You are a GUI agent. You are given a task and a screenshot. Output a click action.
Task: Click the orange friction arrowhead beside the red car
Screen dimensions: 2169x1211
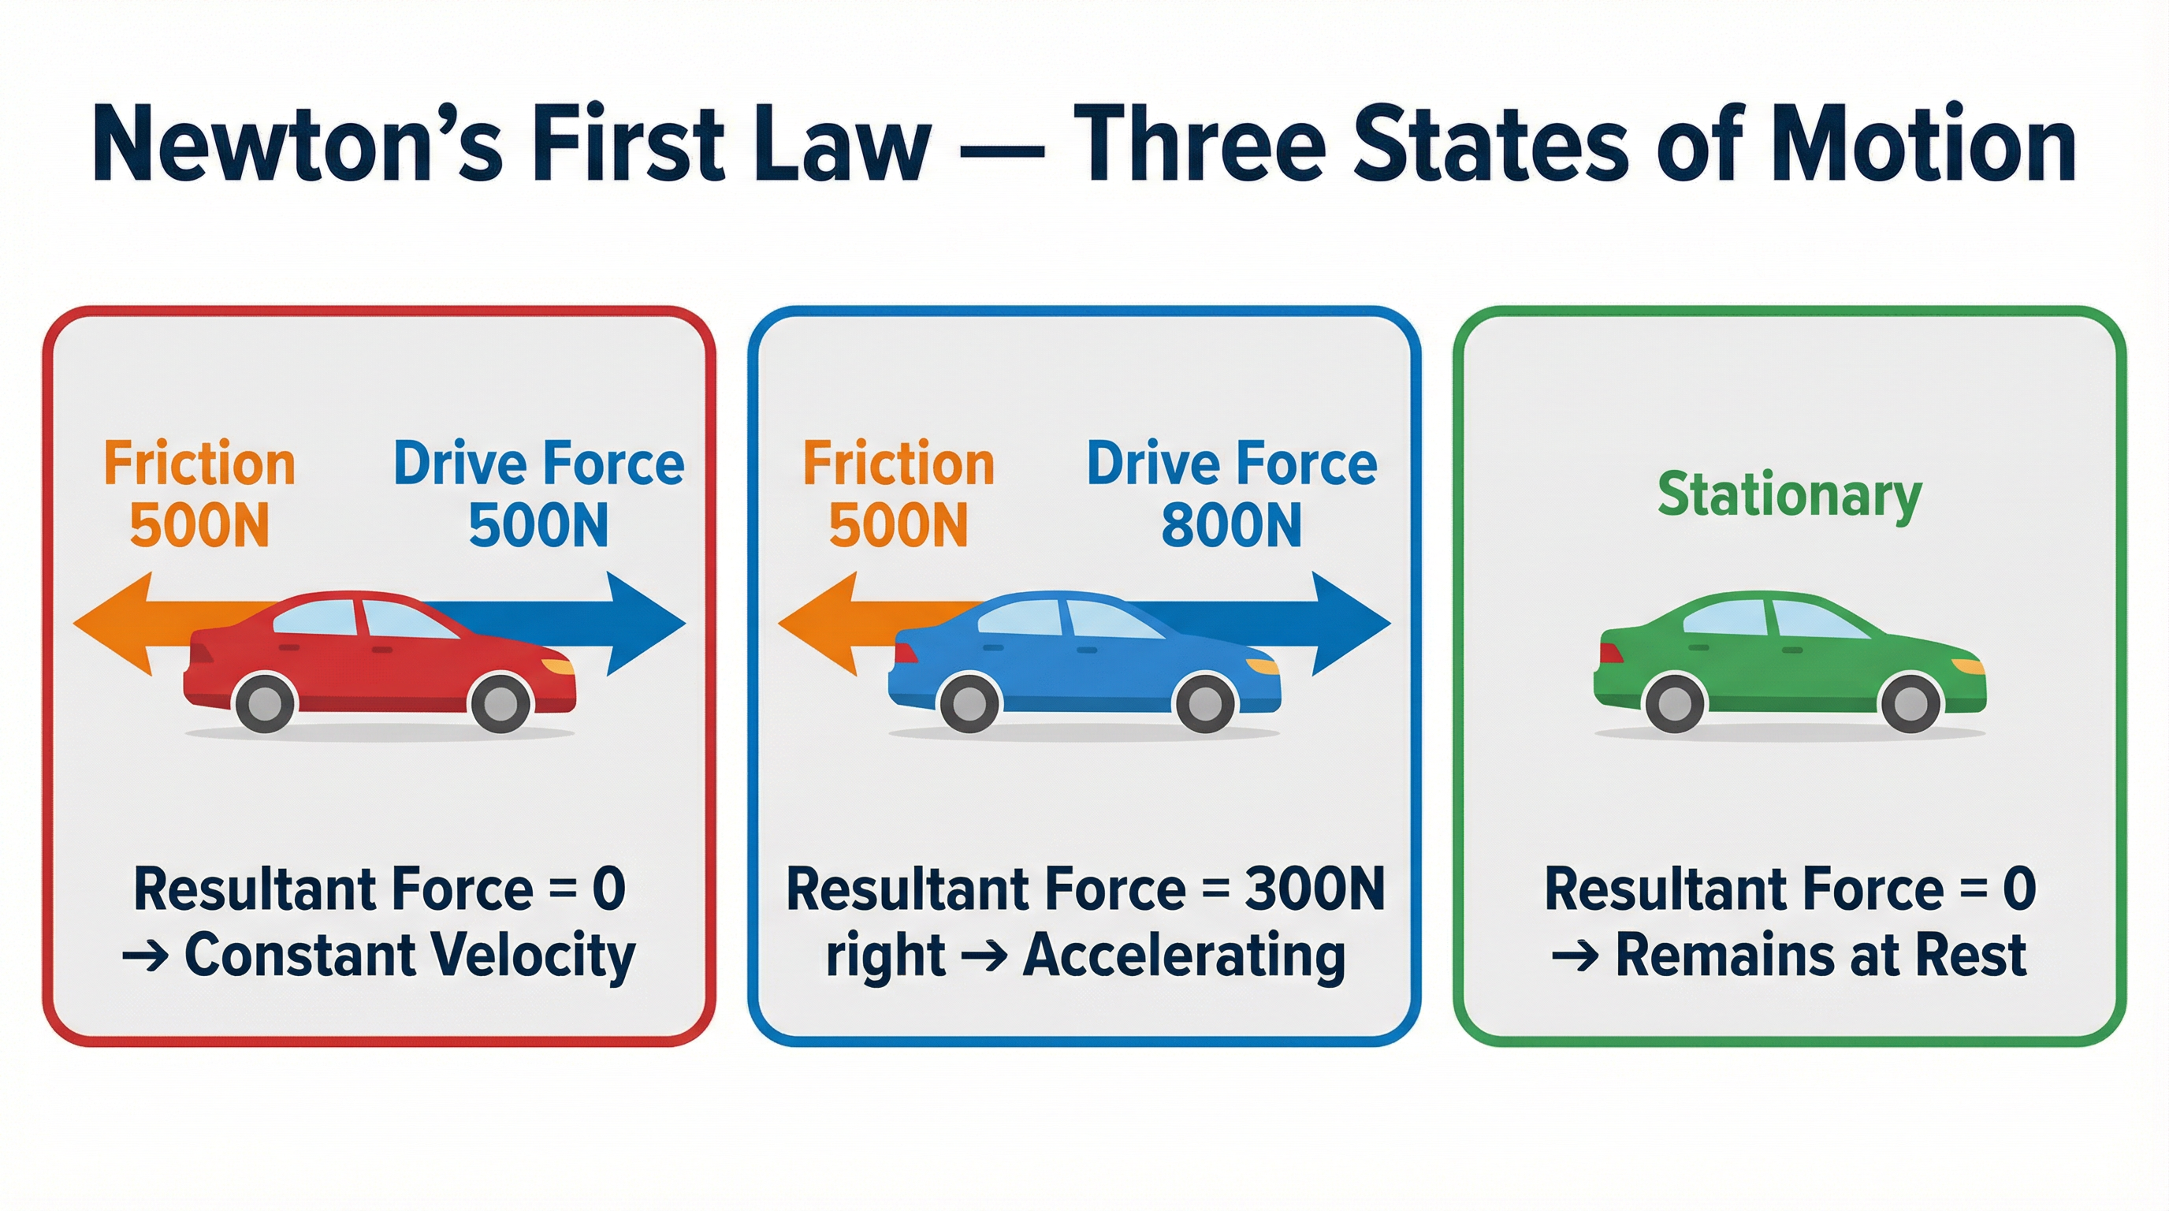pyautogui.click(x=113, y=624)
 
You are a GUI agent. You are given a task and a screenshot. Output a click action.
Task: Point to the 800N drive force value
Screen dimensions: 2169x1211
pyautogui.click(x=1231, y=526)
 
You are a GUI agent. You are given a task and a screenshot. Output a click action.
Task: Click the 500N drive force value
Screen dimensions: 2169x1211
pyautogui.click(x=538, y=526)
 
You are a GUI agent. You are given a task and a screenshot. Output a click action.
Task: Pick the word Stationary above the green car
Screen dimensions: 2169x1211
pyautogui.click(x=1789, y=495)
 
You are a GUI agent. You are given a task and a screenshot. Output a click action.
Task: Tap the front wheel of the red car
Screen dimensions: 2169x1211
pyautogui.click(x=501, y=702)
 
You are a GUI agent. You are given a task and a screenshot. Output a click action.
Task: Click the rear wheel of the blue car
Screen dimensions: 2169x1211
pyautogui.click(x=969, y=702)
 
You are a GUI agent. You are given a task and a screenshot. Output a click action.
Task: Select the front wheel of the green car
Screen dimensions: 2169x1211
pyautogui.click(x=1910, y=702)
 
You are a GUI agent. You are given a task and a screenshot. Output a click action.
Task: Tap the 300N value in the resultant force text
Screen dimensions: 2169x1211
pyautogui.click(x=1315, y=889)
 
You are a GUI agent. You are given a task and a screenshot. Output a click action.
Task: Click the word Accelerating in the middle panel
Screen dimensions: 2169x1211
pyautogui.click(x=1184, y=956)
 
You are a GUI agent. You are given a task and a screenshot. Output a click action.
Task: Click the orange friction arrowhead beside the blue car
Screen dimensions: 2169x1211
pyautogui.click(x=817, y=624)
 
